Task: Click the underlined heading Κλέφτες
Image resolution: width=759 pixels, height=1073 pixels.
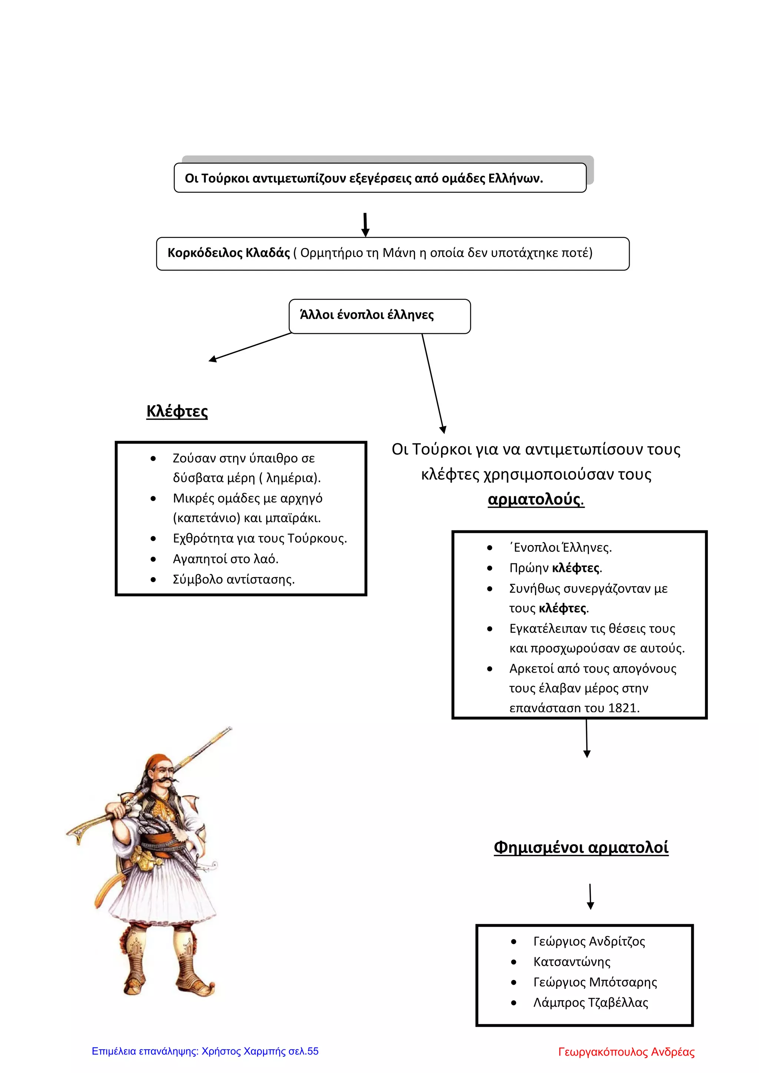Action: pos(177,411)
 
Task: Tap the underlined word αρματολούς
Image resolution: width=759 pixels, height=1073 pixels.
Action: pos(536,499)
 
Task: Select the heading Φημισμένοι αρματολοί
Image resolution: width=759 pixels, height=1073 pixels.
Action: pos(581,847)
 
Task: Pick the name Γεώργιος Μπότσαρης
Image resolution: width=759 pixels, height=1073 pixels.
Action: pos(595,982)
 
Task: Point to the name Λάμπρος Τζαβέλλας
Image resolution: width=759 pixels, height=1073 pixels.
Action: pos(591,1003)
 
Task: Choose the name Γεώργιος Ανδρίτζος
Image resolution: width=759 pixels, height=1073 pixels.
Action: pos(589,941)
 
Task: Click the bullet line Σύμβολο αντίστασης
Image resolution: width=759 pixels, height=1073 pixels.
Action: pos(234,580)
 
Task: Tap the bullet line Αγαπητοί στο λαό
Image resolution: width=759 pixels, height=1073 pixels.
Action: pos(225,559)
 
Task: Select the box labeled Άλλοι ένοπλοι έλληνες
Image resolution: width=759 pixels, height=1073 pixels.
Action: pos(379,316)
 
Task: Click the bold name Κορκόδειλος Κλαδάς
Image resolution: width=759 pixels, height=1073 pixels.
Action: pos(229,253)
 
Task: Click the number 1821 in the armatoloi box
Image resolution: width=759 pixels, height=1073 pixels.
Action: pos(623,708)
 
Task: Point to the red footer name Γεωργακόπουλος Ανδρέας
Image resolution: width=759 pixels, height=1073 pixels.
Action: pos(626,1052)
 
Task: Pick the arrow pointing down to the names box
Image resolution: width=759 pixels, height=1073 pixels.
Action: pos(590,896)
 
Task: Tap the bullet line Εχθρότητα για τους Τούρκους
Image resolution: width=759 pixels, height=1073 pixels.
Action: pos(260,539)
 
